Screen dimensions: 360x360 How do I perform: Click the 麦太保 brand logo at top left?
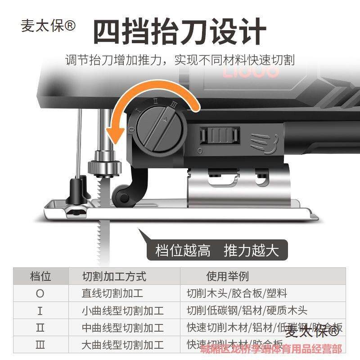coord(49,26)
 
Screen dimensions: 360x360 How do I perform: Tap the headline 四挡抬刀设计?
coord(180,31)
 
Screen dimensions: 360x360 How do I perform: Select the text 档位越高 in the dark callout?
coord(183,250)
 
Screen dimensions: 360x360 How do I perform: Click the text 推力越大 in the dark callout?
coord(251,250)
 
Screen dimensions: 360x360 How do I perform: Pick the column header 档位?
coord(40,276)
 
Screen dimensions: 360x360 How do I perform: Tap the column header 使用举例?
coord(227,276)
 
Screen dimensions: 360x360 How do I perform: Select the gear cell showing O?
coord(40,293)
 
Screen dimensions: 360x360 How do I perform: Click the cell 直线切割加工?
coord(112,293)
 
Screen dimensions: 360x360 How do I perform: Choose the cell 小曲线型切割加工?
coord(122,310)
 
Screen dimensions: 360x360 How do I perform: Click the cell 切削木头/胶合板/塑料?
coord(237,293)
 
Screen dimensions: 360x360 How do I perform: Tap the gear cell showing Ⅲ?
coord(40,345)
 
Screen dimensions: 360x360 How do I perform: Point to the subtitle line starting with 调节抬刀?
coord(180,59)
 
